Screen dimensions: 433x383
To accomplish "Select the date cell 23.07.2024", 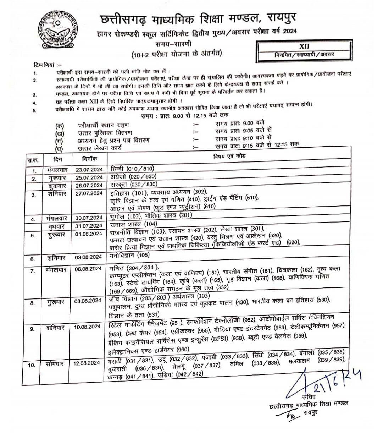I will (89, 169).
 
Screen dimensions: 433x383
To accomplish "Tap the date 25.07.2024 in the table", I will (89, 177).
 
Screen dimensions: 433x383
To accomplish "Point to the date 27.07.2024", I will (89, 193).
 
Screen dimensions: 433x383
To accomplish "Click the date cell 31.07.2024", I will (89, 226).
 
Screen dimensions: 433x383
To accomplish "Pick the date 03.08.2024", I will (89, 257).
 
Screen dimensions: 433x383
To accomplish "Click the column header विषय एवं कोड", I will (229, 157).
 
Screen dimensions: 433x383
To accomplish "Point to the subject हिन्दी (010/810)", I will (132, 169).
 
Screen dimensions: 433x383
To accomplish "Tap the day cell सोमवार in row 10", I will (56, 363).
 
